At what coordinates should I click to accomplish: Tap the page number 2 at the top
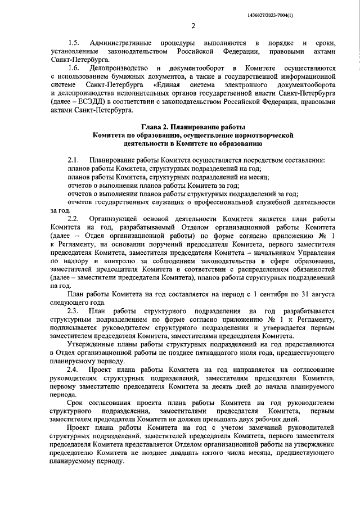click(x=192, y=25)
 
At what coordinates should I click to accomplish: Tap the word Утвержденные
click(x=91, y=344)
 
